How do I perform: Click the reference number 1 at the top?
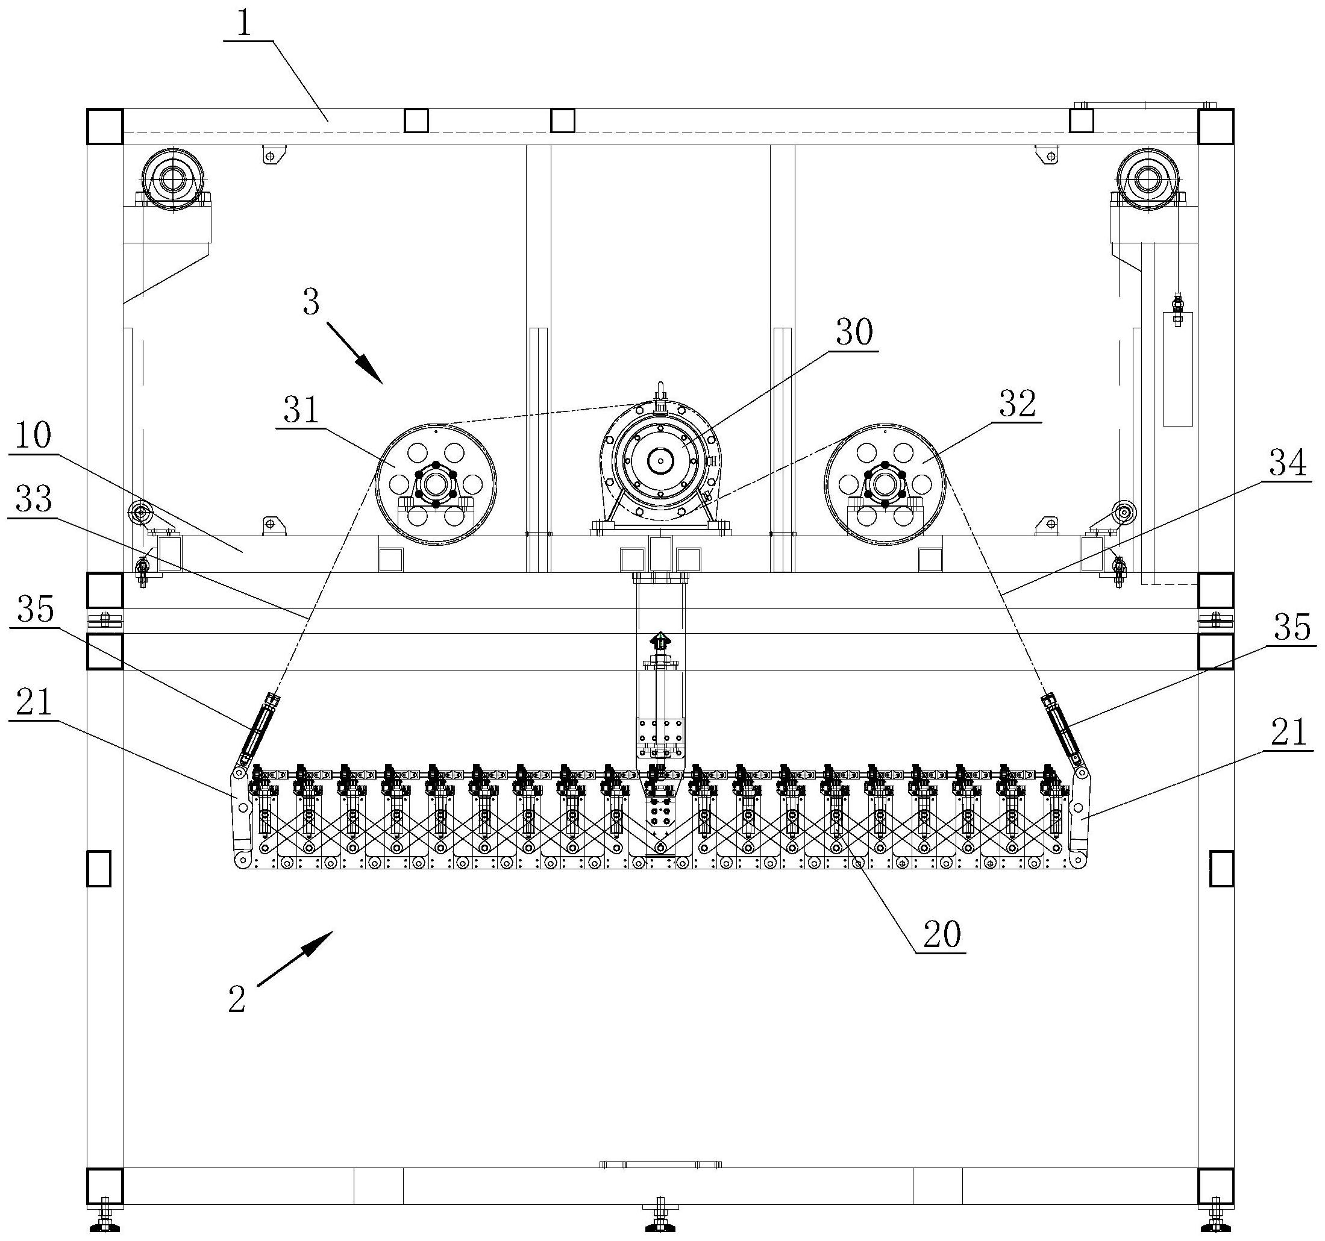point(245,25)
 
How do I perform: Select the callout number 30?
point(854,332)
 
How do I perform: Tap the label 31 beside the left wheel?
point(302,411)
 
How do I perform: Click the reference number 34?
point(1288,464)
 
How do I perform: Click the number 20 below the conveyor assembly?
point(942,934)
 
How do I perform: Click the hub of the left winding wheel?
point(435,484)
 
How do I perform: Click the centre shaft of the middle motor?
point(660,460)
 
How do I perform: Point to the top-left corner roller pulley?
point(174,180)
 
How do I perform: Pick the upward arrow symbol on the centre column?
point(660,642)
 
